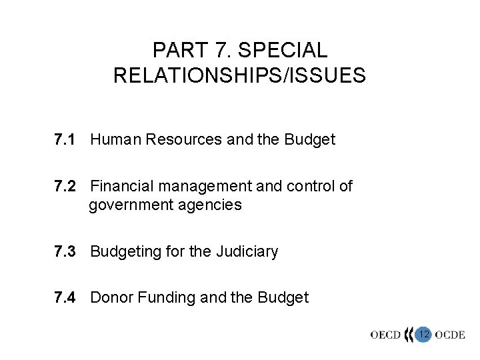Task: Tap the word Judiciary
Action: [x=247, y=252]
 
